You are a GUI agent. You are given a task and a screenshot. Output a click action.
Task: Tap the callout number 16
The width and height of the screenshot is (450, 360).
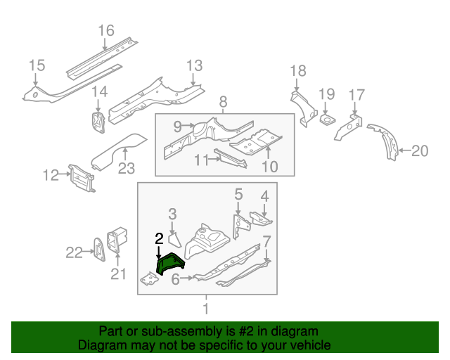point(105,31)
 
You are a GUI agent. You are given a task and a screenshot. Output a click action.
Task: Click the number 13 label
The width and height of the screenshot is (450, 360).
point(194,66)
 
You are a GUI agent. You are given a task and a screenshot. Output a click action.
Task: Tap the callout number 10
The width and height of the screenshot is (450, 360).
point(269,167)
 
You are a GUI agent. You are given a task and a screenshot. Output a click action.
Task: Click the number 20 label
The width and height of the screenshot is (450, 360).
point(419,149)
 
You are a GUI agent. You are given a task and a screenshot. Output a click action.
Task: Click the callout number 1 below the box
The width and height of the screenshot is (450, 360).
point(206,309)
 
